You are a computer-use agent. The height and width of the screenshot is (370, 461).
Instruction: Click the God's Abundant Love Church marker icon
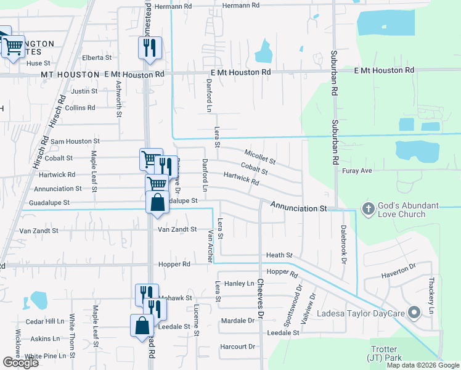pos(369,208)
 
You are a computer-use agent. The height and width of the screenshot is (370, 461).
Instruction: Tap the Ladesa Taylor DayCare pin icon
pos(414,313)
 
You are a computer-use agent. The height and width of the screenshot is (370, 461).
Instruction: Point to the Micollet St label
pos(259,157)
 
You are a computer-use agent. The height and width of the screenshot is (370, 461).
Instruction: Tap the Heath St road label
pos(279,255)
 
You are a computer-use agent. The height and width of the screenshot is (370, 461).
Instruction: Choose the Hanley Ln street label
pos(239,284)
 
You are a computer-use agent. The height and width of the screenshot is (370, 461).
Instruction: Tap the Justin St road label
pos(85,91)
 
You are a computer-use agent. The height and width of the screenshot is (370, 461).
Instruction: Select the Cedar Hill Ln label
pos(44,321)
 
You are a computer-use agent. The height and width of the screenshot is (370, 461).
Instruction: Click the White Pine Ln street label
pos(45,356)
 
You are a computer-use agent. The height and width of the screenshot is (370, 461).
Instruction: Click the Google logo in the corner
pos(20,363)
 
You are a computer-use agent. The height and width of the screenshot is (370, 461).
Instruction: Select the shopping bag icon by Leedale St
pos(142,325)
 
